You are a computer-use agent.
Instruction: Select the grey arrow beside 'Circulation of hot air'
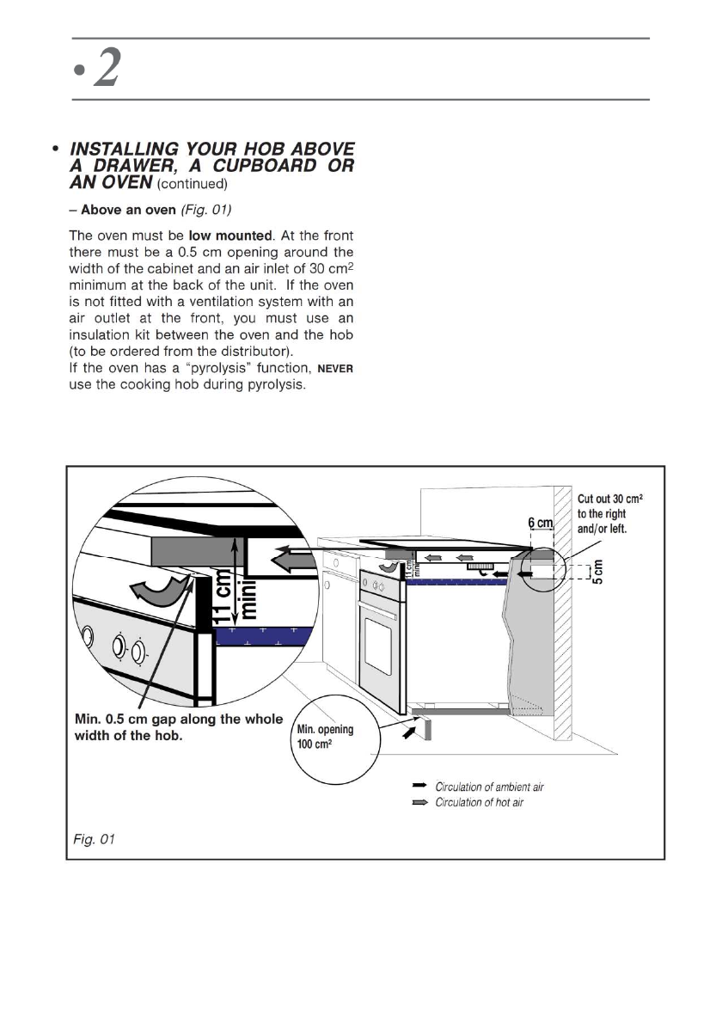point(420,802)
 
